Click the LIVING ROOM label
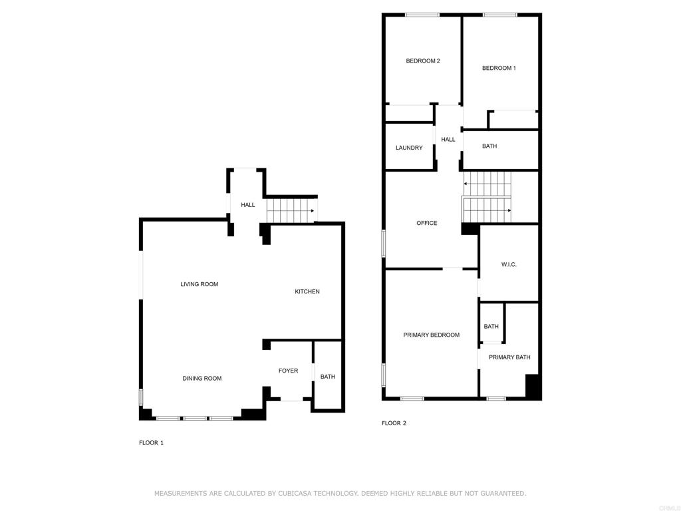[200, 284]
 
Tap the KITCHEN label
[307, 291]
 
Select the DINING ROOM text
[202, 379]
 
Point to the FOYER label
[289, 371]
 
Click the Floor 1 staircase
[292, 210]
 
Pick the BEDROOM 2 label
[423, 61]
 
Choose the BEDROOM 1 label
[499, 68]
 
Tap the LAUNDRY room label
[409, 148]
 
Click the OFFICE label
[427, 223]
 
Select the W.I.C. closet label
[509, 264]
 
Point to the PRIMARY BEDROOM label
[431, 335]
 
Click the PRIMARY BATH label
[509, 357]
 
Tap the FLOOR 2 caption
[394, 423]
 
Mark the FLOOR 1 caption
[151, 442]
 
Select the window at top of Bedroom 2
[422, 15]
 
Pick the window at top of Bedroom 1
[500, 15]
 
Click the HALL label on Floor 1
[248, 205]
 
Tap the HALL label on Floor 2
[448, 140]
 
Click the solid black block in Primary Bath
[533, 387]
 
